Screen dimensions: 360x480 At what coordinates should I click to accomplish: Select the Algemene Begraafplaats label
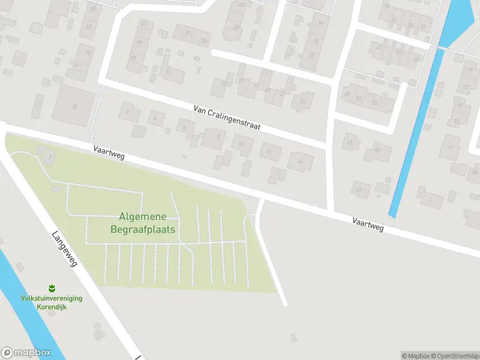143,223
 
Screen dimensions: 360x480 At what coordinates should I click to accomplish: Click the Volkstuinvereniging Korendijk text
52,302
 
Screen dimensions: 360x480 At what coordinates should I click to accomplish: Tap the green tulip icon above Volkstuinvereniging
52,288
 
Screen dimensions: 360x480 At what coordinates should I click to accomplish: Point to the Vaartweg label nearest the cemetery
109,152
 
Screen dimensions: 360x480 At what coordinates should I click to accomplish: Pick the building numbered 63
361,190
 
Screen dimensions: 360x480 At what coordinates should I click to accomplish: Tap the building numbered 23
303,101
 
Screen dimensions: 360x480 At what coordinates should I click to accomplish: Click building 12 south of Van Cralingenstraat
270,152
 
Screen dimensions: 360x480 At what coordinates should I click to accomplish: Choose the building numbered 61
350,143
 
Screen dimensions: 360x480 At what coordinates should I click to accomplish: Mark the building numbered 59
378,151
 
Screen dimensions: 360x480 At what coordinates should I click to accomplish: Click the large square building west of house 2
74,107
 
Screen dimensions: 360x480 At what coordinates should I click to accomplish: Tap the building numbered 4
156,118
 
